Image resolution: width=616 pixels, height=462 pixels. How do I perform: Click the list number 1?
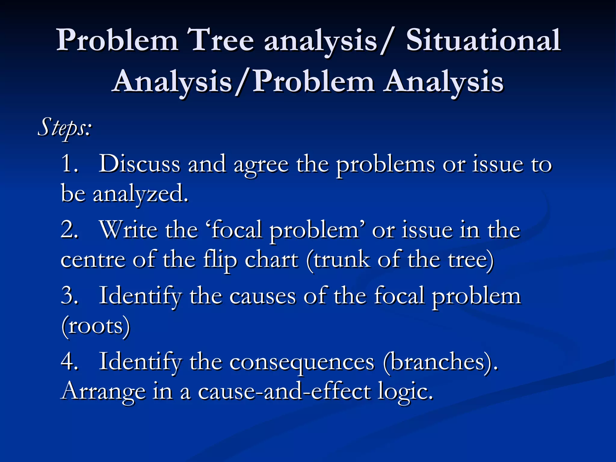coord(69,164)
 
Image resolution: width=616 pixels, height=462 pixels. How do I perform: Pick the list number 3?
coord(69,296)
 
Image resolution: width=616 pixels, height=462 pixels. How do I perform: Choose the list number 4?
coord(69,361)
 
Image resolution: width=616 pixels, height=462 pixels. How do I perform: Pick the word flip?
coord(220,260)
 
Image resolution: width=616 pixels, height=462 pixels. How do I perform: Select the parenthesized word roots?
coord(96,326)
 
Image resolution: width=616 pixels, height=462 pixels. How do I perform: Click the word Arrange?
coord(103,392)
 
